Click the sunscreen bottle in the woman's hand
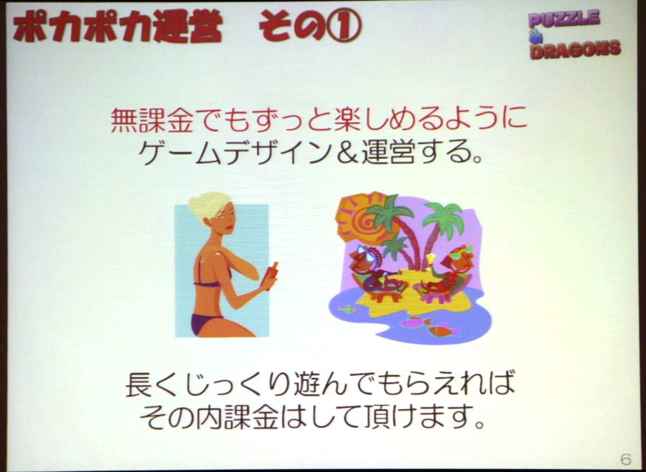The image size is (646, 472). pos(272,276)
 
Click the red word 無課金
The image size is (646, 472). pos(151,121)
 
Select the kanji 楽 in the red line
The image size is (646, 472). pos(346,121)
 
